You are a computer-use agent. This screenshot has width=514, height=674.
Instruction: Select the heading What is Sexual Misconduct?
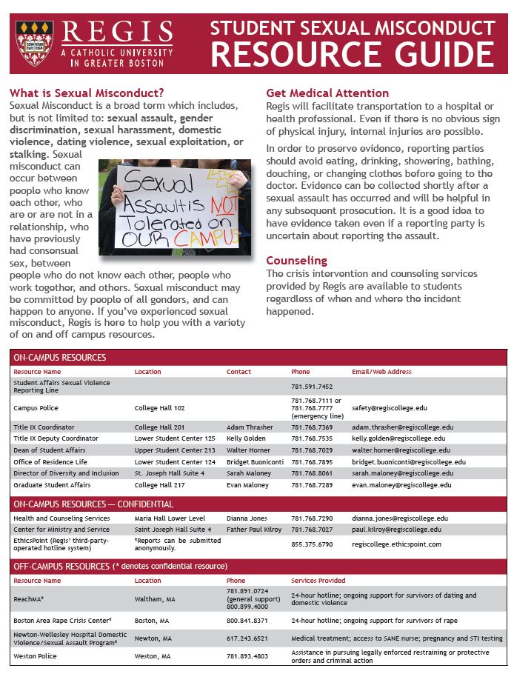87,93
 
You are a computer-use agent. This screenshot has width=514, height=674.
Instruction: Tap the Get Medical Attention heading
327,93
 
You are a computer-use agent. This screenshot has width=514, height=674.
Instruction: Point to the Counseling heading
296,261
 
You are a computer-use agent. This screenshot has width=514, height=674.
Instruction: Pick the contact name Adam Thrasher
250,427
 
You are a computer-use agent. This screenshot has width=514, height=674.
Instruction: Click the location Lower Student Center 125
175,438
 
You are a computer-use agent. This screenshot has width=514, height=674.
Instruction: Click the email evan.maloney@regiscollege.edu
401,485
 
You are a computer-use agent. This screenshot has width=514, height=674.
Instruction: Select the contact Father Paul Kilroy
254,530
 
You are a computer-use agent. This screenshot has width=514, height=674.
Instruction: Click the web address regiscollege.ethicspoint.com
398,544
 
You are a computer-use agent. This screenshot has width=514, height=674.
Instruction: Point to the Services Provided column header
318,581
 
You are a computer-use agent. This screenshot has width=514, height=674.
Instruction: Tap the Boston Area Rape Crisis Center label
62,620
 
